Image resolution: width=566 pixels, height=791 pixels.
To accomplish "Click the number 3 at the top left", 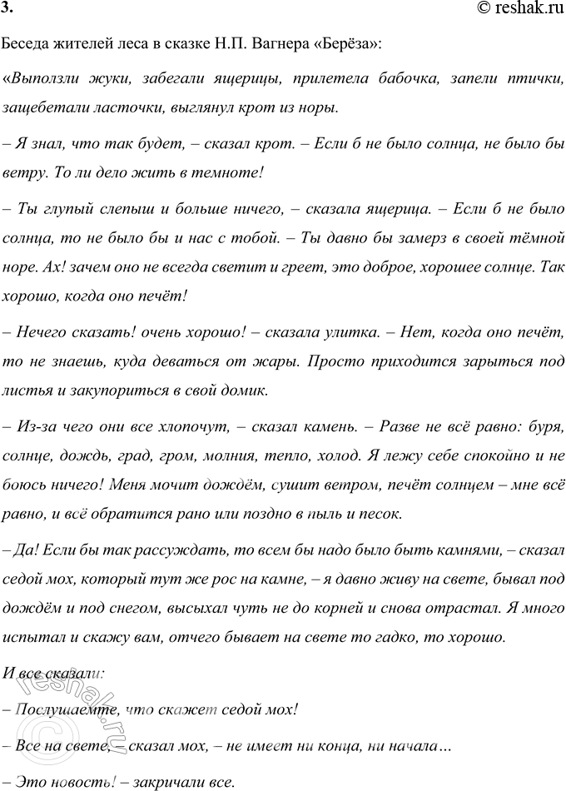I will (7, 8).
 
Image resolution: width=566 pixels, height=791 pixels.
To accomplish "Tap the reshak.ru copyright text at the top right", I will (520, 8).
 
